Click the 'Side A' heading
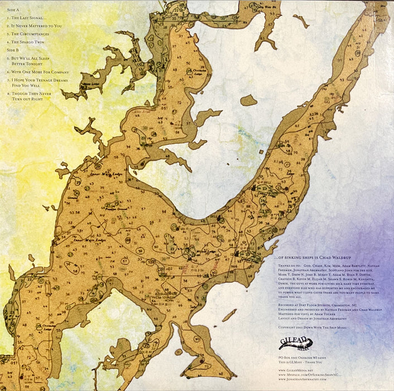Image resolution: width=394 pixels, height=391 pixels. coord(12,10)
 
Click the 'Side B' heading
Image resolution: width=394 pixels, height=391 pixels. coord(12,50)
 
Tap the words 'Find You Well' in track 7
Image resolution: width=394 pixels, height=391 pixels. coord(27,86)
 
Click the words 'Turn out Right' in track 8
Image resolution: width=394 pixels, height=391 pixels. coord(28,99)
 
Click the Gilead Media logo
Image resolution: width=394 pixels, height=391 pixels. coord(295,344)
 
